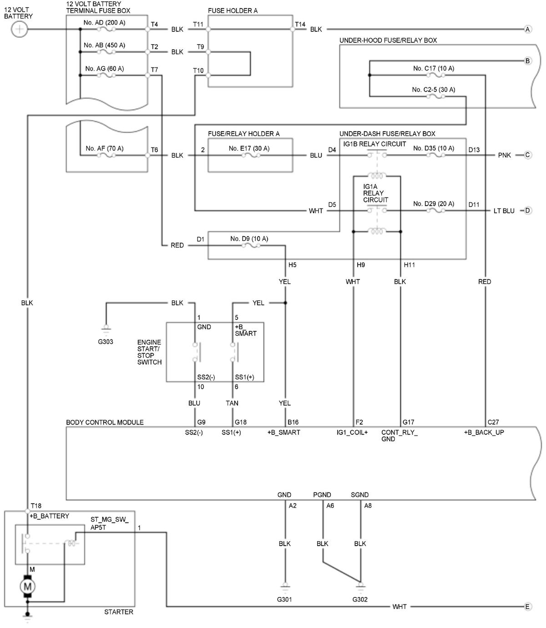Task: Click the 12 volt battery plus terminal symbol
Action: tap(19, 29)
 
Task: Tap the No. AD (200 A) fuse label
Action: tap(104, 22)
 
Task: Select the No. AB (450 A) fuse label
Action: tap(104, 45)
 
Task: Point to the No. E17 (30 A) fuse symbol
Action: tap(251, 155)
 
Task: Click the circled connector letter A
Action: tap(528, 29)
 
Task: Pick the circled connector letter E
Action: tap(527, 607)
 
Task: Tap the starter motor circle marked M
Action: tap(28, 587)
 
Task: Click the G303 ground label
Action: tap(105, 342)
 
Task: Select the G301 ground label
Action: tap(284, 599)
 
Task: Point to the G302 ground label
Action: tap(360, 599)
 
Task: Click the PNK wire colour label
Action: tap(504, 155)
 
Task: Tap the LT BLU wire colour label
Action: tap(504, 211)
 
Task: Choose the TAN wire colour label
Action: tap(232, 403)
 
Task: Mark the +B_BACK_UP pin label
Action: tap(484, 432)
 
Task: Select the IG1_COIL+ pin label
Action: tap(352, 432)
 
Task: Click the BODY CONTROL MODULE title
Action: tap(105, 422)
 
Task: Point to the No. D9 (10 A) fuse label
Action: tap(249, 238)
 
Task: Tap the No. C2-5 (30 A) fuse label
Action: tap(433, 90)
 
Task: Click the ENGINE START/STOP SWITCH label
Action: tap(149, 352)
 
